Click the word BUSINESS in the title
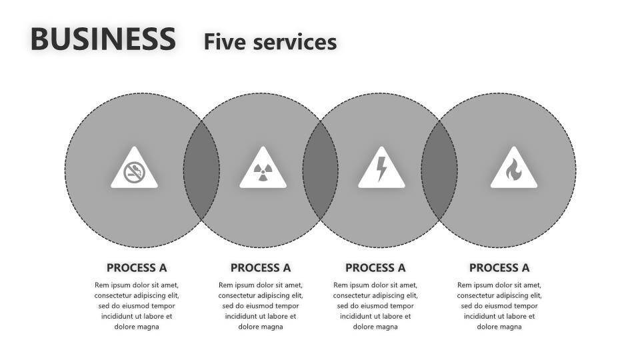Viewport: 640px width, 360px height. pos(103,39)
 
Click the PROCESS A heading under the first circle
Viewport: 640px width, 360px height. pos(137,268)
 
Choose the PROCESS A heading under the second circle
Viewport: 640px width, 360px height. pos(261,268)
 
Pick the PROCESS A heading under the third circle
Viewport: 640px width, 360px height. pos(375,268)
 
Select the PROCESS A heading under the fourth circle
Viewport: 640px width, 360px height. pos(499,268)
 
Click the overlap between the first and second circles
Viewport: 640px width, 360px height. pos(201,170)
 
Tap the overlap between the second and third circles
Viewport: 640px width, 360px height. pos(320,170)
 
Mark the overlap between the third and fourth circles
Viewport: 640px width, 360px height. pos(439,170)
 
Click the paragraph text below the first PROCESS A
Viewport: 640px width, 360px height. pos(137,305)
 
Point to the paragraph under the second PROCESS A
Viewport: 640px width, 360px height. pos(261,305)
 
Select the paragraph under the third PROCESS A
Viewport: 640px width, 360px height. pos(375,305)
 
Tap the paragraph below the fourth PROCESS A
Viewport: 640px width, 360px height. pos(499,305)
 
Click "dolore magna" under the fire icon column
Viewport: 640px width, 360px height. pos(499,327)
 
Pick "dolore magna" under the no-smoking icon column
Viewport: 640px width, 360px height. pos(137,327)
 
